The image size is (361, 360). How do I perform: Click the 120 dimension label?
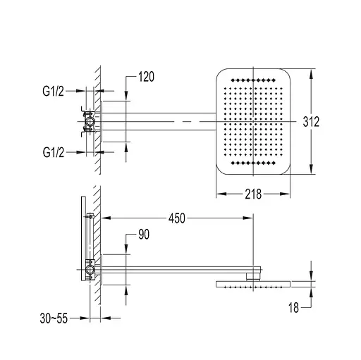pos(146,77)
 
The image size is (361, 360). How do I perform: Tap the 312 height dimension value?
pos(311,122)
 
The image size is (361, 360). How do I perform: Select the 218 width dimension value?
pos(253,194)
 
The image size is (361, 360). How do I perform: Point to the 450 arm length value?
pos(177,218)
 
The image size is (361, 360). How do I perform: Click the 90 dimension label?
pos(144,234)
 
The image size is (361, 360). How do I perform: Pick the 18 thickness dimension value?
pos(293,307)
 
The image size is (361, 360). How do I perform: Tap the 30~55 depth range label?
pos(54,318)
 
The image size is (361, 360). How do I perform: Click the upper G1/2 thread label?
pos(53,91)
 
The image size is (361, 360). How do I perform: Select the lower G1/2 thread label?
pos(54,152)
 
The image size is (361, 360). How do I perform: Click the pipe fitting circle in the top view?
pos(90,121)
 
